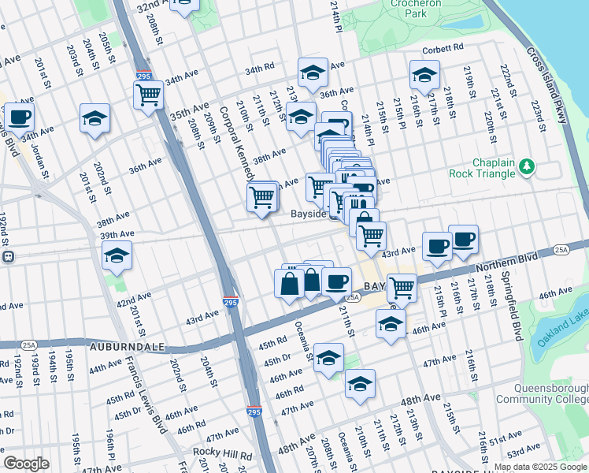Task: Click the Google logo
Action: pos(27,464)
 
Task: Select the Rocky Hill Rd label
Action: pos(224,455)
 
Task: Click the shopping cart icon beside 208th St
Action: pos(148,95)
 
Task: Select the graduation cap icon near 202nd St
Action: pos(95,118)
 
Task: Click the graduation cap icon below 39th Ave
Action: pos(117,255)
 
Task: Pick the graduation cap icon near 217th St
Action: pos(424,75)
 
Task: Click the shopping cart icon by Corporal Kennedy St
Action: pos(261,196)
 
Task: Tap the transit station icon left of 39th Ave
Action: pos(8,256)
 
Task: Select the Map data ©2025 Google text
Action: pos(541,465)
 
